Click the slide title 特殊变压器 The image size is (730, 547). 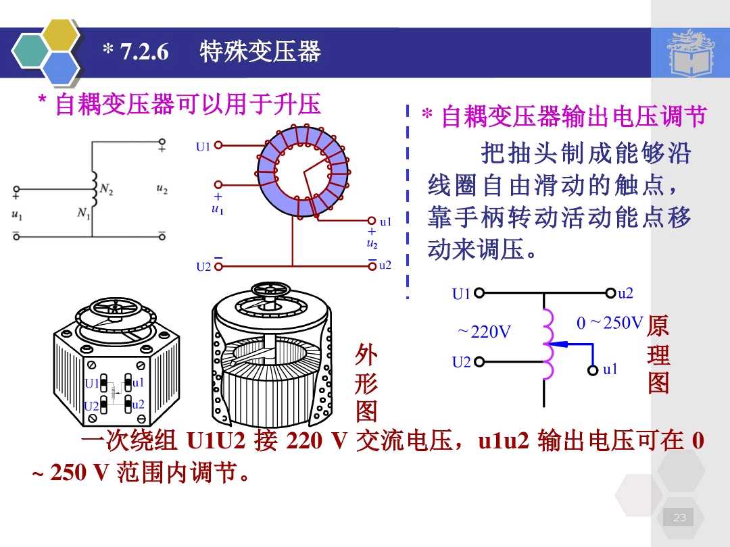pyautogui.click(x=260, y=51)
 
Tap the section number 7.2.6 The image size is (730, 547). pyautogui.click(x=143, y=52)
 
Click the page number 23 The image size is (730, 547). pyautogui.click(x=679, y=518)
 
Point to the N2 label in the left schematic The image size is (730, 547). pyautogui.click(x=106, y=190)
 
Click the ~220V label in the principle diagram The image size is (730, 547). pyautogui.click(x=484, y=332)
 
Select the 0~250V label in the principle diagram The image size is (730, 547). pyautogui.click(x=610, y=323)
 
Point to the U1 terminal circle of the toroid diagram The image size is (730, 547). pyautogui.click(x=218, y=145)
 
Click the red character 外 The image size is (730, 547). pyautogui.click(x=366, y=353)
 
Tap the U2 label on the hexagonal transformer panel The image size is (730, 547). pyautogui.click(x=91, y=406)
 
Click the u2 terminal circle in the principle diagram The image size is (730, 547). pyautogui.click(x=612, y=294)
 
